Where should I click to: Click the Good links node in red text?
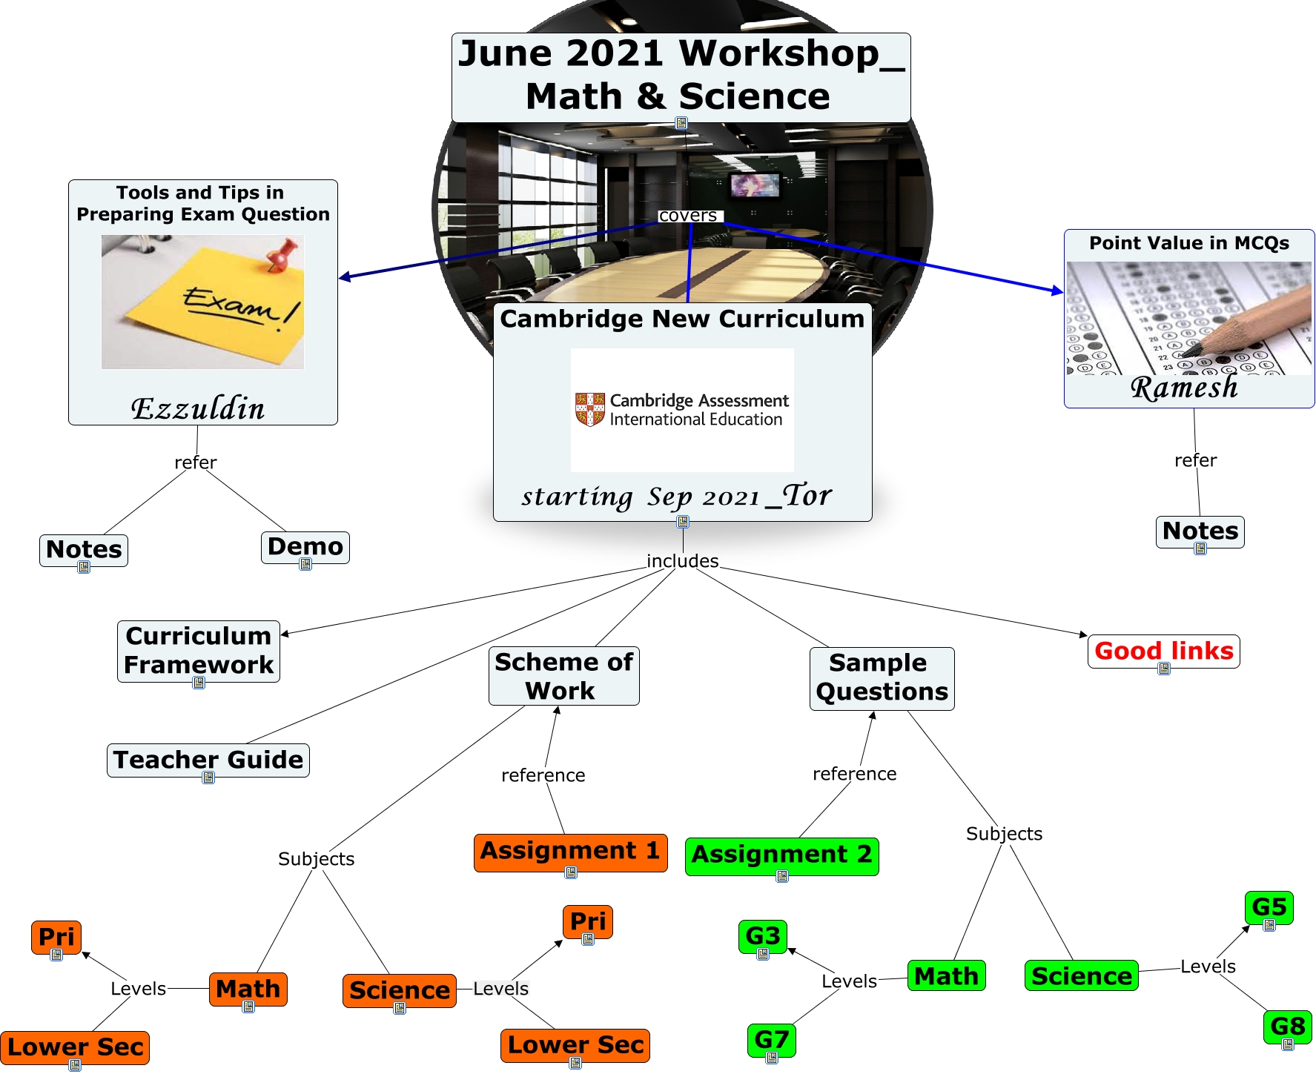point(1163,651)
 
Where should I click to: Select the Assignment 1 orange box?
point(570,852)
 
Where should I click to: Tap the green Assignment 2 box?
point(781,856)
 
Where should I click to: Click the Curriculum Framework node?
point(199,651)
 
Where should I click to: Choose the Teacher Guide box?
point(208,760)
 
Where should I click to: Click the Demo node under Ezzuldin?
point(305,547)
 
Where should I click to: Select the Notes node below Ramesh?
point(1200,531)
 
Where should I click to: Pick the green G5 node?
point(1269,907)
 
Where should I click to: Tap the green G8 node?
point(1287,1027)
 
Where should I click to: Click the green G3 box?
point(763,936)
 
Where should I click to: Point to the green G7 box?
point(772,1040)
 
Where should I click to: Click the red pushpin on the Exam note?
point(281,253)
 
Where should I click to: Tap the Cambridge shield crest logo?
point(590,409)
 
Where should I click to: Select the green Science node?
point(1082,975)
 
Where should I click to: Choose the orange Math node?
point(248,990)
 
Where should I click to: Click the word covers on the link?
point(688,216)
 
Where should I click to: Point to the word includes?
point(683,561)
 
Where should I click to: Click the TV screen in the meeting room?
point(755,185)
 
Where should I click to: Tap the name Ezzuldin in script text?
point(198,408)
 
